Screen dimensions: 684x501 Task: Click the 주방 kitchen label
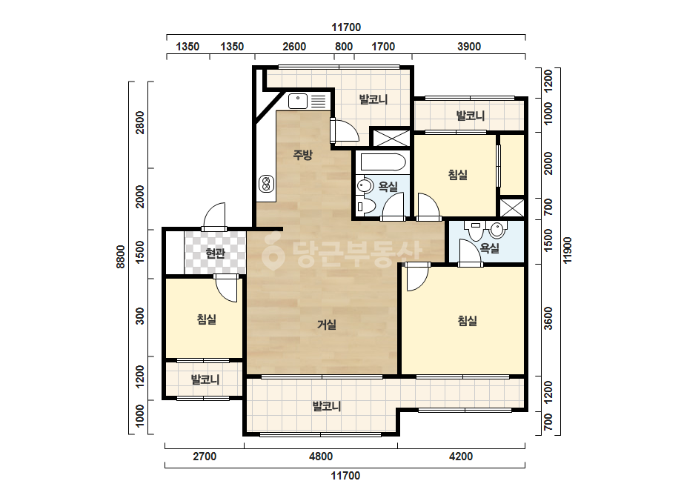(302, 154)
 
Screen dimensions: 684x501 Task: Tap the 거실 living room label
(326, 325)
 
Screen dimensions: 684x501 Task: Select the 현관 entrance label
(215, 253)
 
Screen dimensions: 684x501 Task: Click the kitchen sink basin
(298, 102)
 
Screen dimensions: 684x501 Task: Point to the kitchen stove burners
(265, 183)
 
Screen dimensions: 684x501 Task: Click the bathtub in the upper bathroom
(383, 162)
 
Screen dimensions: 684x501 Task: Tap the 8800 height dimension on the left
(121, 257)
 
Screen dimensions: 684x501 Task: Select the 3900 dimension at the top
(469, 46)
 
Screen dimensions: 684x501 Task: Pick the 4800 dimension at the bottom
(321, 456)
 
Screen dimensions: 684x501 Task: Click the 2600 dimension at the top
(294, 46)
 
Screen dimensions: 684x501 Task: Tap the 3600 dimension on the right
(548, 318)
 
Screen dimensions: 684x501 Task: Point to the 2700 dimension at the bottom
(205, 456)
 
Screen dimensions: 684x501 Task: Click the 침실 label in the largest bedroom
(467, 321)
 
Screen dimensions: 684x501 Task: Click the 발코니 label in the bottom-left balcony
(205, 379)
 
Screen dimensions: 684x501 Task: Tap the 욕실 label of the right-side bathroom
(489, 248)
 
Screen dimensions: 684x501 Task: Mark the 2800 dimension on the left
(139, 122)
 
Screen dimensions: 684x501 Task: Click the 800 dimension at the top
(344, 46)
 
